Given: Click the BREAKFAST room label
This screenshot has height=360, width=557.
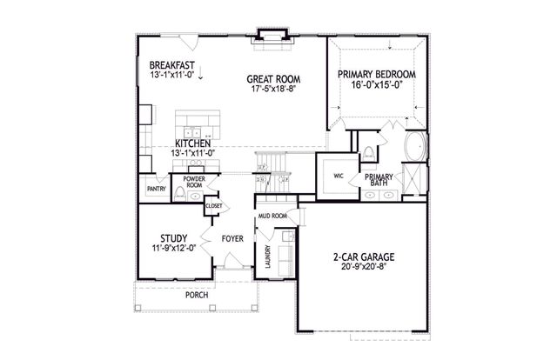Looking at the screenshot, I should pos(171,65).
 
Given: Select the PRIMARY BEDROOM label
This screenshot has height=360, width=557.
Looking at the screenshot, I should pos(376,75).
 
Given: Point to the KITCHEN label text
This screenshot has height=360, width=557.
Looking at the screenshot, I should pos(191,143).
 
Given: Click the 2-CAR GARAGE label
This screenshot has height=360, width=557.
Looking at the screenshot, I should pos(364,257).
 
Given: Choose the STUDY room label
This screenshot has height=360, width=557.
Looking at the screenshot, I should pos(174,237).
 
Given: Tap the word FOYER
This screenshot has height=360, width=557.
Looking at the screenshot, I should pos(232,237).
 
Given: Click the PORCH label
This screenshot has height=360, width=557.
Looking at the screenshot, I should pos(197,295).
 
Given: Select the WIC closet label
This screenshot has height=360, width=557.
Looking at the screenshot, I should pos(339,174).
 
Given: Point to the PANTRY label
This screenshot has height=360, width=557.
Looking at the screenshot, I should pos(156,188).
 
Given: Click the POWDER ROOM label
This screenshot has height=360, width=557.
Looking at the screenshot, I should pos(193,182).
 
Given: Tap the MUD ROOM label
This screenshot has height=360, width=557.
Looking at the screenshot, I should pos(273,215).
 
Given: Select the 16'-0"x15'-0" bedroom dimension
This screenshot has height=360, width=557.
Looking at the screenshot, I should pos(376,86).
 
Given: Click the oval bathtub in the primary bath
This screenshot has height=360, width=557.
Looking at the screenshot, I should pos(416,147).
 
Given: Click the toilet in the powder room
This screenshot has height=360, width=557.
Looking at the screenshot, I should pos(178,193).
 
